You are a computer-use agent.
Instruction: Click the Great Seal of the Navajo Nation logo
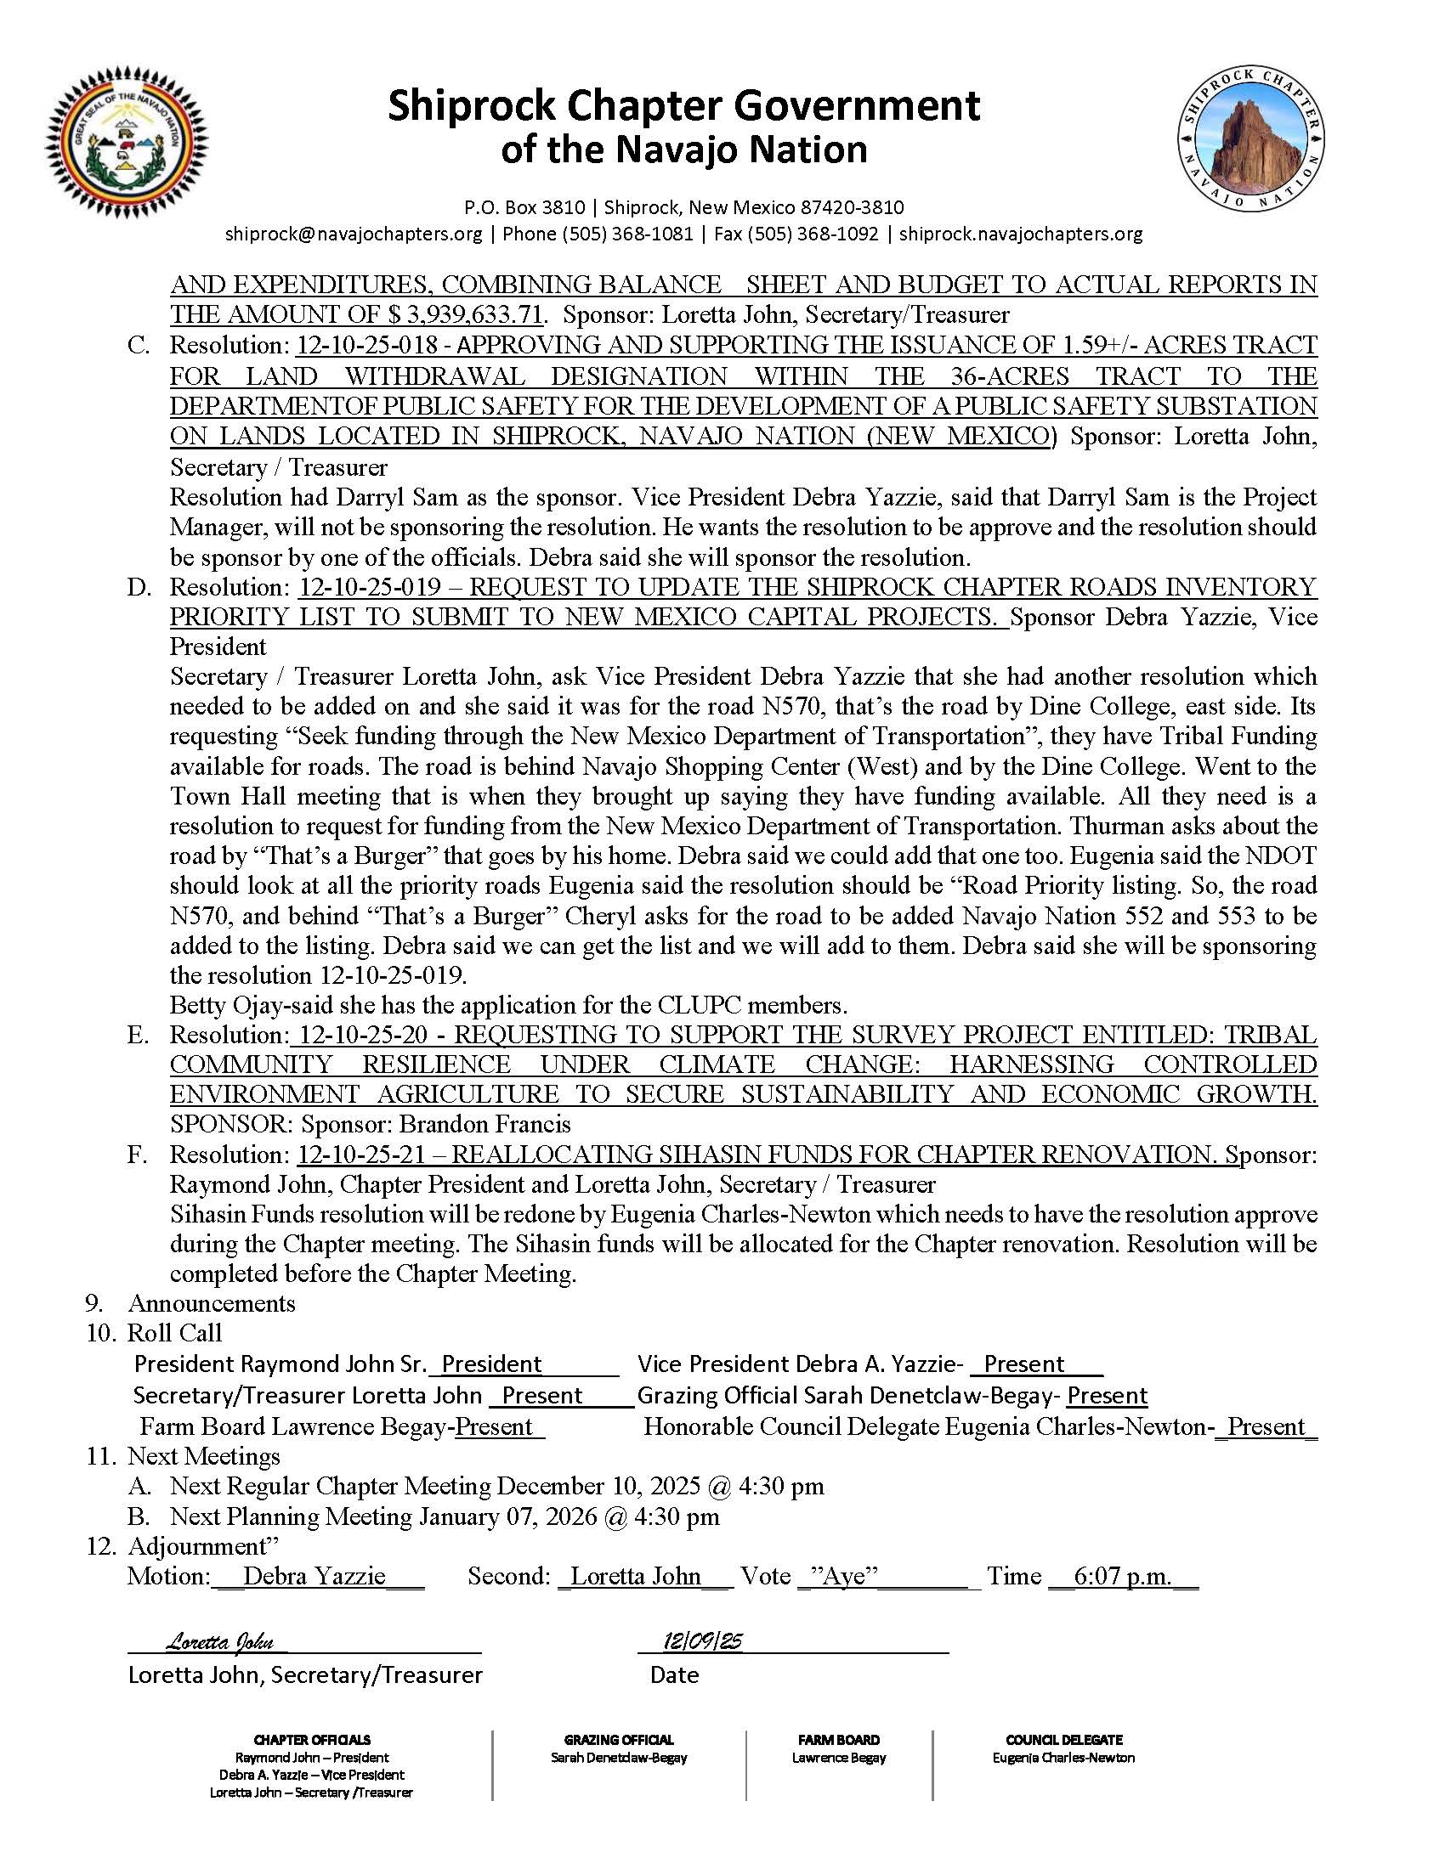(127, 143)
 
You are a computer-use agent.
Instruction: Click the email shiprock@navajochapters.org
(354, 234)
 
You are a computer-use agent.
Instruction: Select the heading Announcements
(212, 1303)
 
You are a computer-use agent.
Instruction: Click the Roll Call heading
(174, 1333)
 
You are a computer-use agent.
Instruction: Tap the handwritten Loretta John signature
(220, 1641)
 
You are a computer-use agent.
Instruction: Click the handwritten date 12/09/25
(702, 1640)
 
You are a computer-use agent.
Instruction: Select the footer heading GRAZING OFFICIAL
(619, 1740)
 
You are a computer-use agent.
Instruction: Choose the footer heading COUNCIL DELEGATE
(1064, 1740)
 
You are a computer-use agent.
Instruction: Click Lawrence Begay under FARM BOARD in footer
(839, 1758)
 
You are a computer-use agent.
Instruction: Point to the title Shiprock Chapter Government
(684, 106)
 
